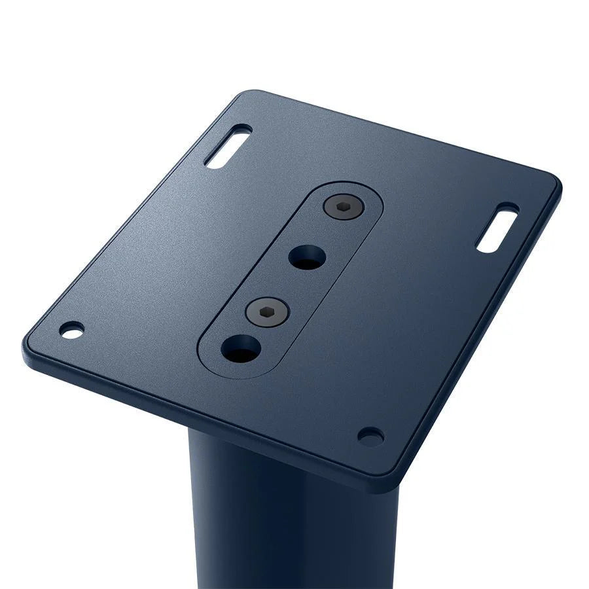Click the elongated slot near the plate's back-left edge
(x=228, y=146)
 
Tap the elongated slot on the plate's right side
(x=497, y=228)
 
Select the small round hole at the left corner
(x=72, y=330)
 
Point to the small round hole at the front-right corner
(x=370, y=436)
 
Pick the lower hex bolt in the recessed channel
(x=267, y=312)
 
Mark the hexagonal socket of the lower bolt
(x=267, y=312)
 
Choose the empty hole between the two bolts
(x=306, y=257)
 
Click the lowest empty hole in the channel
(x=240, y=349)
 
